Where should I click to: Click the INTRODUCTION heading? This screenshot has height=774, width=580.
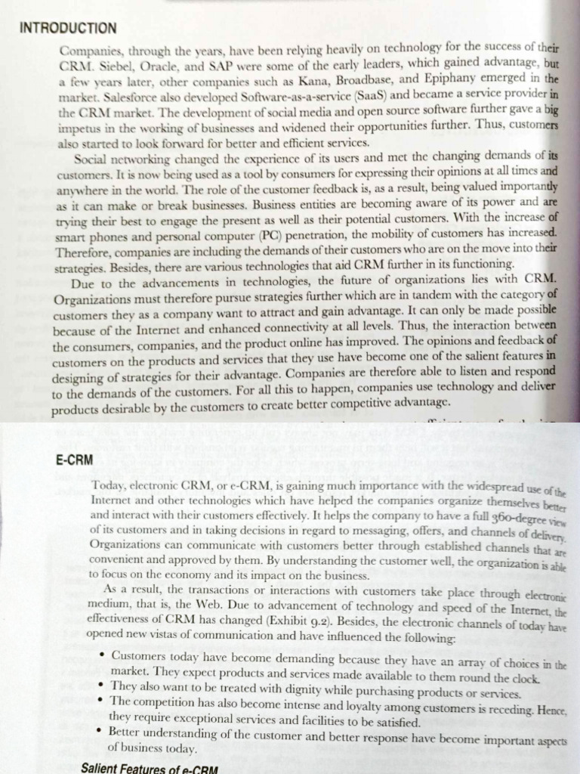pyautogui.click(x=68, y=28)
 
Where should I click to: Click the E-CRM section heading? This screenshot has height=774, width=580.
pyautogui.click(x=74, y=459)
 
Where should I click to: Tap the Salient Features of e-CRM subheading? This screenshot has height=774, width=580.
pyautogui.click(x=149, y=768)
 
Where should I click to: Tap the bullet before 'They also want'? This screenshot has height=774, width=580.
pyautogui.click(x=101, y=686)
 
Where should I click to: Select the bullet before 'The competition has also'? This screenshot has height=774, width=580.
pyautogui.click(x=101, y=701)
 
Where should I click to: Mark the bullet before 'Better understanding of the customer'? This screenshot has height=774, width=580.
pyautogui.click(x=101, y=731)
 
